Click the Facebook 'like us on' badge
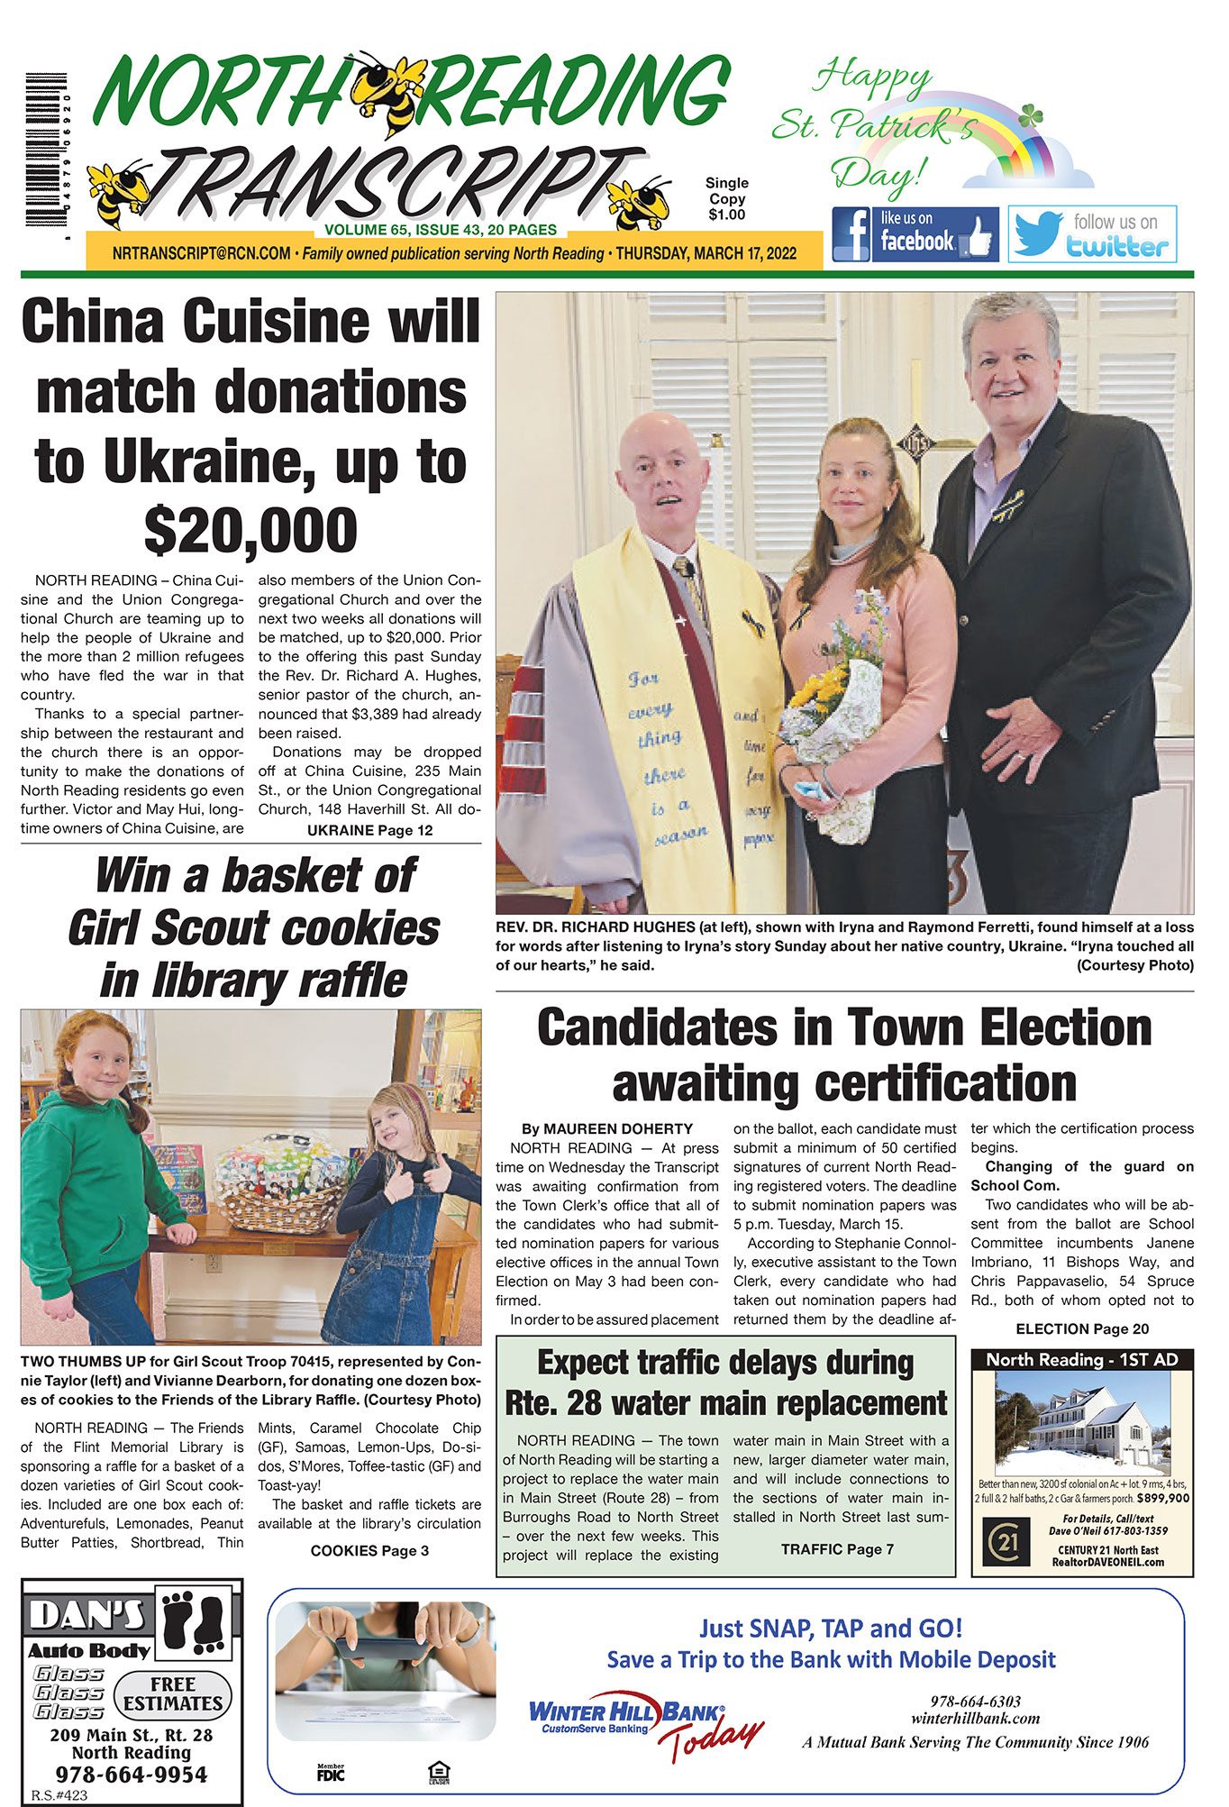pyautogui.click(x=915, y=233)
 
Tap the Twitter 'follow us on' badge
pyautogui.click(x=1091, y=233)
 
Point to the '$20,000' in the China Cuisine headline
pyautogui.click(x=250, y=531)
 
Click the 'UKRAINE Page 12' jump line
pyautogui.click(x=369, y=830)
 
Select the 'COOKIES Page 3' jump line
pyautogui.click(x=369, y=1550)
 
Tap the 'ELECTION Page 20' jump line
pyautogui.click(x=1082, y=1328)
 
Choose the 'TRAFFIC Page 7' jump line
pyautogui.click(x=837, y=1548)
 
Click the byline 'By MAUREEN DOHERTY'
pyautogui.click(x=607, y=1128)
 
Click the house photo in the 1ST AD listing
pyautogui.click(x=1081, y=1424)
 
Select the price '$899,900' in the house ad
pyautogui.click(x=1162, y=1498)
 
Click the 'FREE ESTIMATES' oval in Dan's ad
pyautogui.click(x=173, y=1693)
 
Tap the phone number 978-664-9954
pyautogui.click(x=132, y=1775)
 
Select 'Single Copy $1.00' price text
pyautogui.click(x=726, y=198)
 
